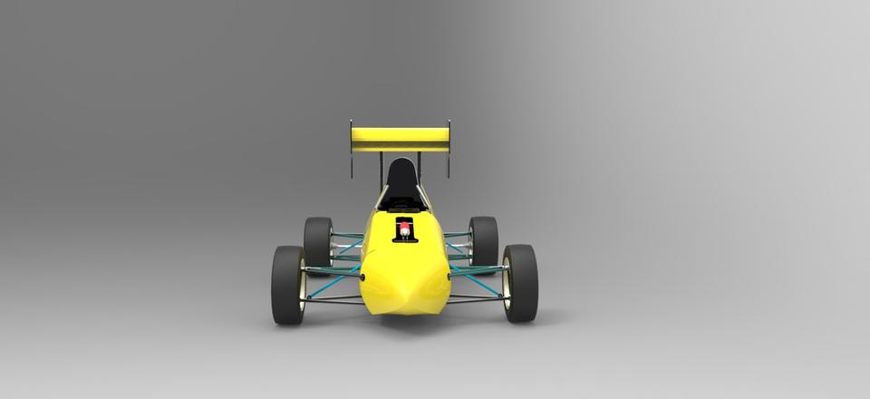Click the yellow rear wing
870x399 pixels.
(x=400, y=139)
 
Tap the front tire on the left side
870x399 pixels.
(x=287, y=284)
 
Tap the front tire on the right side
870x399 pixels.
(x=521, y=283)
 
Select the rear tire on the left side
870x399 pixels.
(x=317, y=241)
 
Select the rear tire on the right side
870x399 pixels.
(x=484, y=241)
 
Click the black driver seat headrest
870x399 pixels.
(x=401, y=173)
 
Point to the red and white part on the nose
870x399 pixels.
(x=404, y=226)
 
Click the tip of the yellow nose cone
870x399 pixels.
(x=404, y=295)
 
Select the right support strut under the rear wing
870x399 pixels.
(x=422, y=172)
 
